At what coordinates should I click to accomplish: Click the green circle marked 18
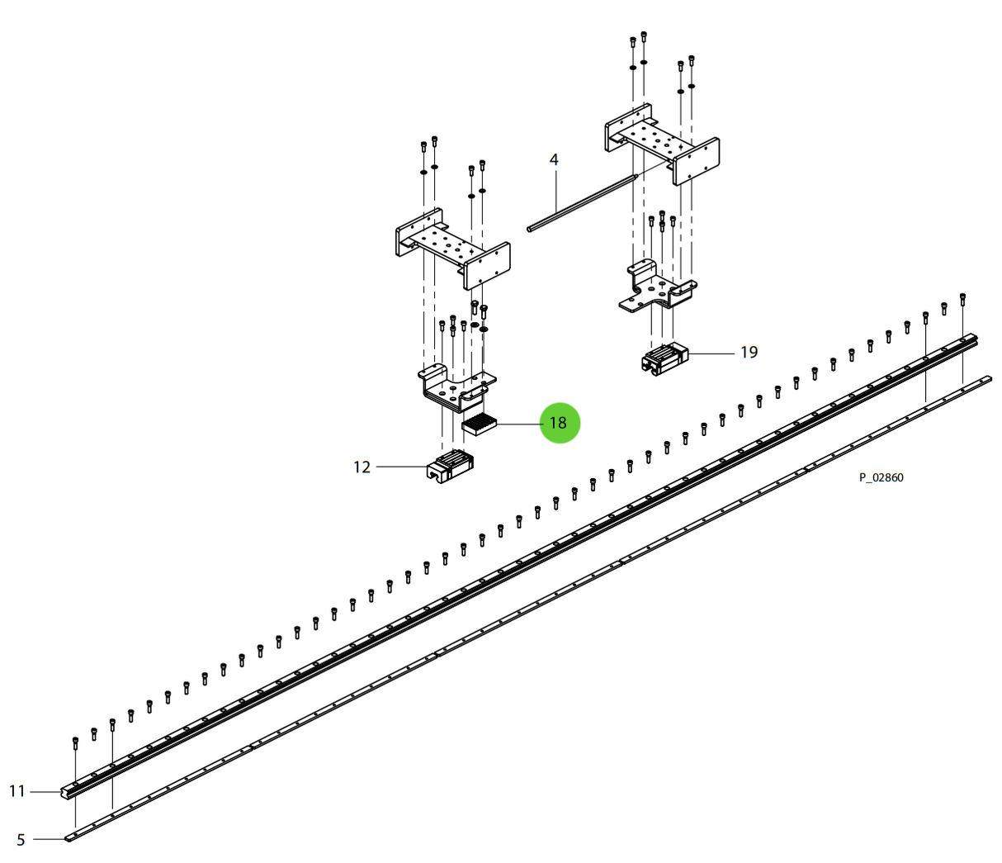tap(559, 423)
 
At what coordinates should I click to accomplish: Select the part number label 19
tap(749, 353)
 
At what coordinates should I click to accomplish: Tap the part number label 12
tap(362, 467)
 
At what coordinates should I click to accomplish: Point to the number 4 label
tap(554, 159)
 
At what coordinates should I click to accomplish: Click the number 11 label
tap(17, 791)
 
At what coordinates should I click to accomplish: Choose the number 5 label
tap(21, 840)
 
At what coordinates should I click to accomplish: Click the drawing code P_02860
tap(881, 477)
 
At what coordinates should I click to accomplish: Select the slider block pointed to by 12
tap(449, 467)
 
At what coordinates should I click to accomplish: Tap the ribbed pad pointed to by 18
tap(479, 425)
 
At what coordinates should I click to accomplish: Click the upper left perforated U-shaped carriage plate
tap(451, 246)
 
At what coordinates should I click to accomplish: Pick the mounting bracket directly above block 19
tap(656, 289)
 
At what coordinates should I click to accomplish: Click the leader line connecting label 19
tap(711, 353)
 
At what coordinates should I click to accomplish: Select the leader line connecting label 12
tap(402, 467)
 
